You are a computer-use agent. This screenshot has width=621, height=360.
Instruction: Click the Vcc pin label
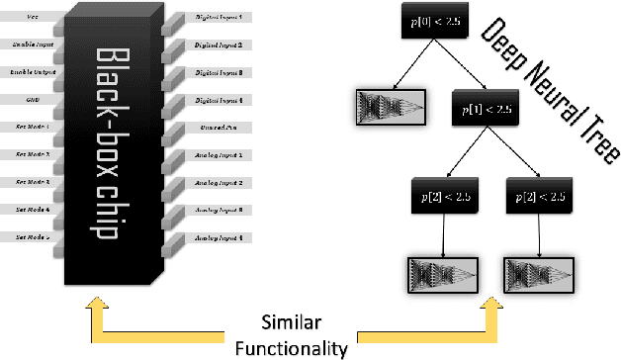tap(33, 18)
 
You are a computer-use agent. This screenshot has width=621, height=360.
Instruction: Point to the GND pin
tap(33, 100)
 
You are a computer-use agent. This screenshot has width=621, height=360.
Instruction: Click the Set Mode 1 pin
tap(33, 128)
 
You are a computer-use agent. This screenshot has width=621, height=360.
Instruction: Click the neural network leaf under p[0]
tap(389, 107)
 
